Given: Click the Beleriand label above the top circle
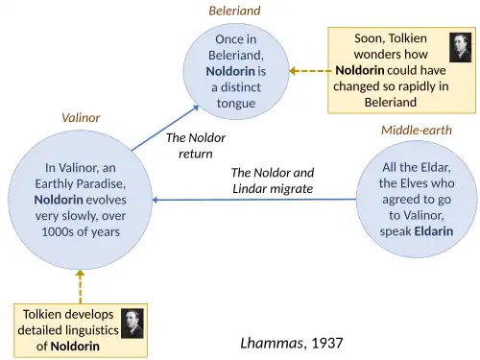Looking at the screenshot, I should tap(235, 11).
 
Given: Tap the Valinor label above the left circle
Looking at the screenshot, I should tap(81, 118).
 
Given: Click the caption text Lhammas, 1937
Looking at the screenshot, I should tap(290, 342).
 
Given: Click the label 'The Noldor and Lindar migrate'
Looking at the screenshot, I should tap(273, 180).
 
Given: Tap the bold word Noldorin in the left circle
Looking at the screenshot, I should tap(68, 199).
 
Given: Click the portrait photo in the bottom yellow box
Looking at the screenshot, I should tap(132, 323).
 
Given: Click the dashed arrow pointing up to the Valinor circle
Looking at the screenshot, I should tap(81, 287).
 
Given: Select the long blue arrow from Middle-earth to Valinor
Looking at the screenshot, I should tap(254, 200).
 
